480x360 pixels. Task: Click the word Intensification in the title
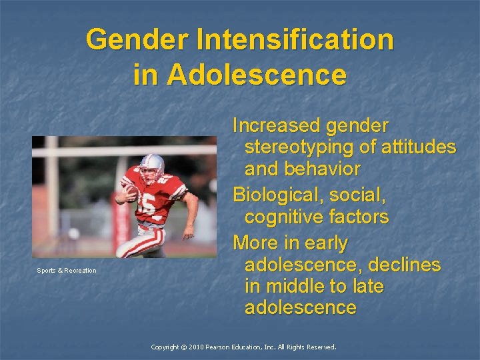coord(295,39)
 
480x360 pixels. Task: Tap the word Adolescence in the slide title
coord(257,74)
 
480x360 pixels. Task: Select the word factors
coord(359,217)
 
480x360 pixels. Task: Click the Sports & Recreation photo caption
coord(66,271)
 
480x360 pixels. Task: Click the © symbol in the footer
coord(183,347)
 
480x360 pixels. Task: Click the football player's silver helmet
coord(153,165)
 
